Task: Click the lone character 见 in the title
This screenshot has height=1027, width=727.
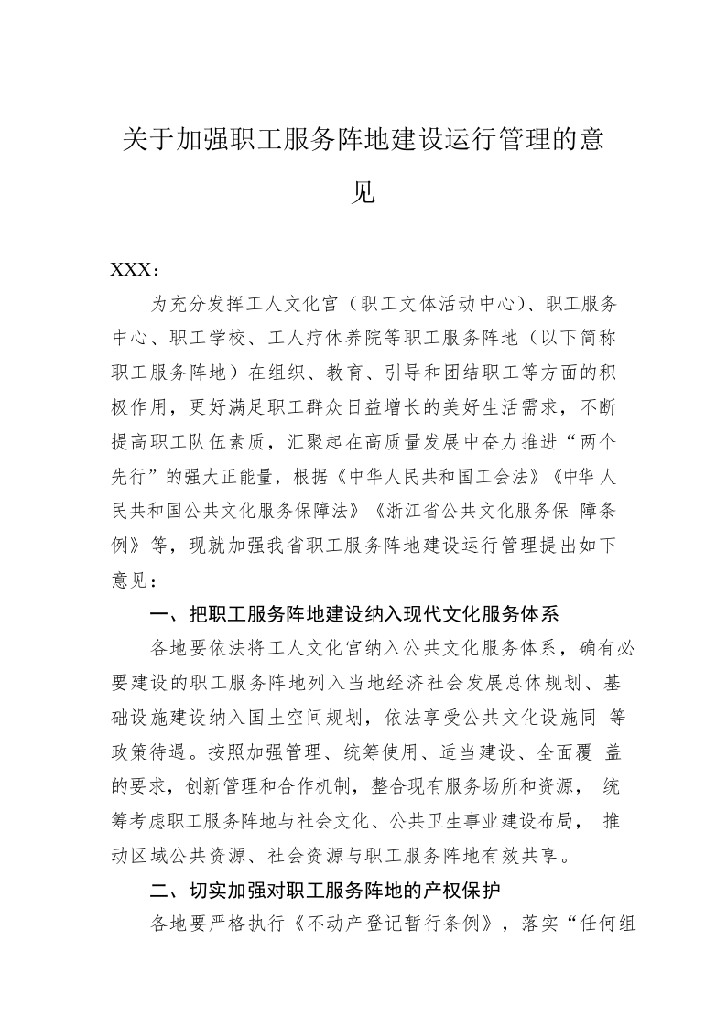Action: point(363,192)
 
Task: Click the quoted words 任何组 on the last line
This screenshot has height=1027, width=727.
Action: point(605,923)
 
